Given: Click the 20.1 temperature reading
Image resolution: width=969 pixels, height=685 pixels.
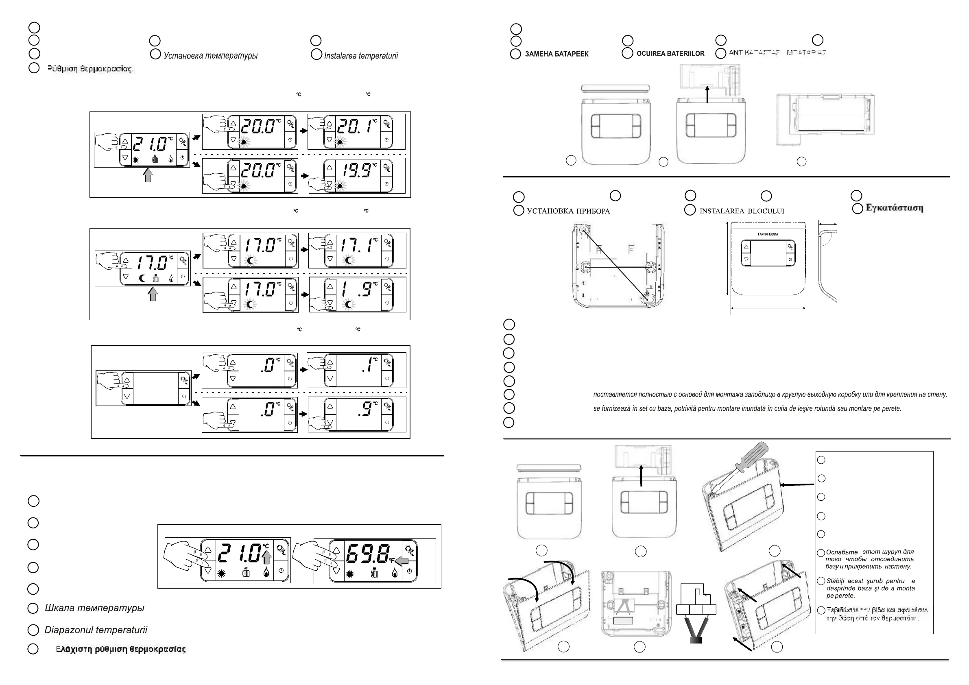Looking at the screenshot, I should [356, 126].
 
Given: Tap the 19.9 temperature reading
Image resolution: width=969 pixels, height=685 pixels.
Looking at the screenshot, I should [357, 170].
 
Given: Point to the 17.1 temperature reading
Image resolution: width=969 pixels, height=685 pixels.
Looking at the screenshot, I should [357, 245].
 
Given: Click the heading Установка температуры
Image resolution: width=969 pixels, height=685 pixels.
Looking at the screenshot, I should [210, 56].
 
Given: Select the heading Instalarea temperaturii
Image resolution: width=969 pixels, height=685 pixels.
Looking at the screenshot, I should [361, 56].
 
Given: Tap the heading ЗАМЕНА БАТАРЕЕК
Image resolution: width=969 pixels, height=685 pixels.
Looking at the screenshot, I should [556, 54].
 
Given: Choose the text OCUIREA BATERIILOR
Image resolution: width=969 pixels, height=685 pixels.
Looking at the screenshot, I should [670, 54].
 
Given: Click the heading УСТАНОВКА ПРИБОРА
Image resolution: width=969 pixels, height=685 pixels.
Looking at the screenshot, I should [568, 211].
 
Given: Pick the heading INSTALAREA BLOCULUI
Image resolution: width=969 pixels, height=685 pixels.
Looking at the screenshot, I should [742, 211].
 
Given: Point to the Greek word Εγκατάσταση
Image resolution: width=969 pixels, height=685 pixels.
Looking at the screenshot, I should [894, 208].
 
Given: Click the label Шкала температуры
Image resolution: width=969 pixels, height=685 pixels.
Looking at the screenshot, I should [94, 608].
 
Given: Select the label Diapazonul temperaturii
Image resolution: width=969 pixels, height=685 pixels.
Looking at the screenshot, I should [96, 630].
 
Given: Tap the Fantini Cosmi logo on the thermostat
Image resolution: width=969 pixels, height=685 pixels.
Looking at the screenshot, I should [768, 234].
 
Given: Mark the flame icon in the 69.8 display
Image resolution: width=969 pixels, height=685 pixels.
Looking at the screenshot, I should [394, 573].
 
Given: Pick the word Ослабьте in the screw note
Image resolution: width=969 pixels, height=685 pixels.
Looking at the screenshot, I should [842, 552].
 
